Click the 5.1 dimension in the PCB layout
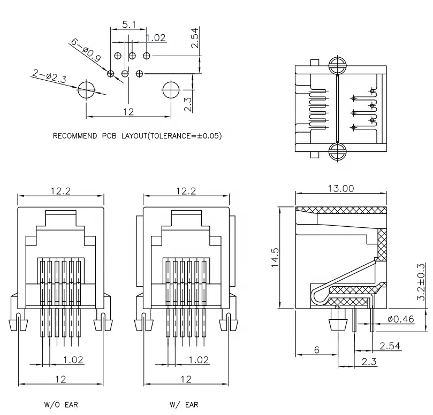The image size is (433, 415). point(128,24)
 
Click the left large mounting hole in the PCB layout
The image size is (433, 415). point(86,90)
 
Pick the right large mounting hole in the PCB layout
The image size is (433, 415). point(171,90)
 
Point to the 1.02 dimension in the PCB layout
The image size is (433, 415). point(156,37)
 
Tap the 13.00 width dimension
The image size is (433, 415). point(340,188)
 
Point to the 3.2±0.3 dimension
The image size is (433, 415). point(421,281)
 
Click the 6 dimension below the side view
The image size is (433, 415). point(316,350)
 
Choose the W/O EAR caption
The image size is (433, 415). point(60,405)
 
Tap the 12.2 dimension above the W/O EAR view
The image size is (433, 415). point(60,191)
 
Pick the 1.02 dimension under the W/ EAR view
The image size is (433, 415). point(198,360)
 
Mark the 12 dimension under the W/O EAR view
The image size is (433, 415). point(60,379)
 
